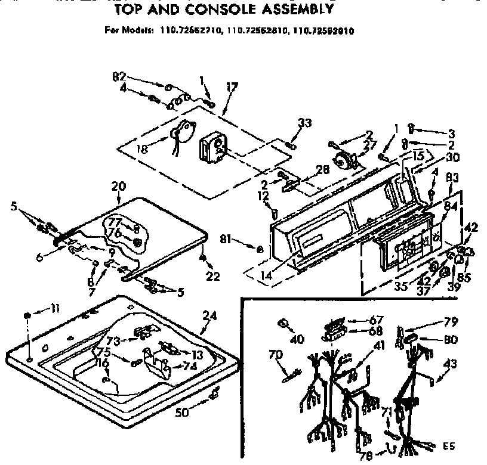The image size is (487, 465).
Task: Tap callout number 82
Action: point(119,76)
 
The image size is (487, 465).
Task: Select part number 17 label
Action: point(231,87)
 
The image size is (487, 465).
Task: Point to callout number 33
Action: point(305,123)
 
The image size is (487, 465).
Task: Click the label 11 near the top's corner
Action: point(55,308)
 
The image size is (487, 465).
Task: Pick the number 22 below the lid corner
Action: point(213,276)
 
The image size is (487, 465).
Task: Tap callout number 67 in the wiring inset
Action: point(376,320)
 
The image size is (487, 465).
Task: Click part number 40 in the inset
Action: point(297,339)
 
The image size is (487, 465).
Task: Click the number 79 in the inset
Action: point(450,323)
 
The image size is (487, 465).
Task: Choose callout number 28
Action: point(322,170)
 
